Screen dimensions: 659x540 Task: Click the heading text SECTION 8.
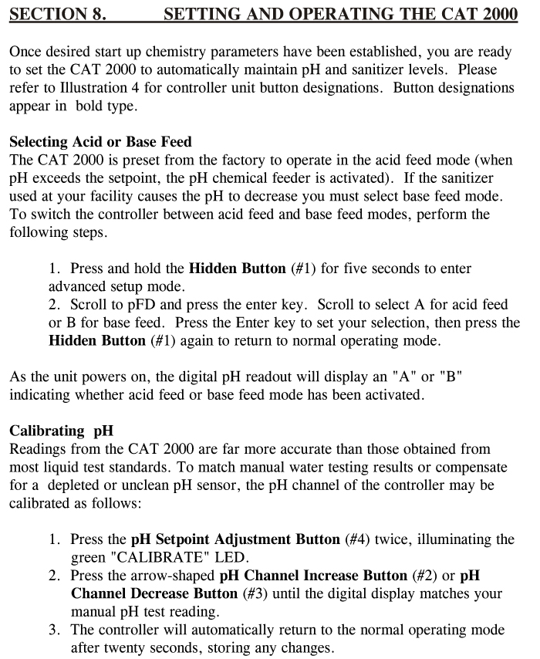[x=58, y=14]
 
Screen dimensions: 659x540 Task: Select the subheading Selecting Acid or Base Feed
[x=100, y=142]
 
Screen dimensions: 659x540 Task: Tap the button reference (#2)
[x=429, y=576]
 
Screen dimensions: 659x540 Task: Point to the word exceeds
[x=61, y=179]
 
